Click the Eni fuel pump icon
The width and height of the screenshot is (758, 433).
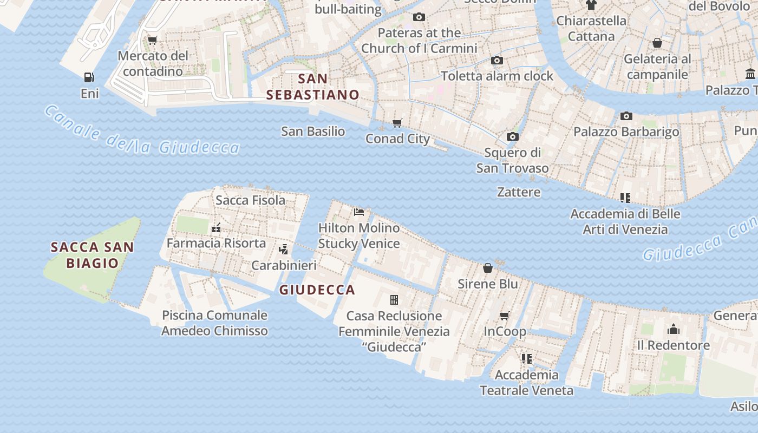click(x=89, y=77)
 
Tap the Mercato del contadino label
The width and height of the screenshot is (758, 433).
click(x=153, y=63)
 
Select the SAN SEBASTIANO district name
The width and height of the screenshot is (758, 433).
click(x=313, y=87)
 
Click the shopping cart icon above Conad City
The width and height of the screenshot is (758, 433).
click(x=397, y=123)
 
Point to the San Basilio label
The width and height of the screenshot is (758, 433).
click(x=313, y=131)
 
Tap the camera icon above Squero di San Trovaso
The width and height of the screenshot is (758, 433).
click(x=512, y=136)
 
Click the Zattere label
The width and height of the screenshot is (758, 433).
click(x=519, y=192)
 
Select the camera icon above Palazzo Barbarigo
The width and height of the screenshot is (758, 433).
click(x=626, y=116)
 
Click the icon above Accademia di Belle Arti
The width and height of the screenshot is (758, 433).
click(x=625, y=198)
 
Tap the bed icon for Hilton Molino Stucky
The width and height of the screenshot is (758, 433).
click(x=359, y=212)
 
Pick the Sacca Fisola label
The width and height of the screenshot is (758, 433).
click(x=250, y=200)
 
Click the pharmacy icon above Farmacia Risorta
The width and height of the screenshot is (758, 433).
click(x=216, y=228)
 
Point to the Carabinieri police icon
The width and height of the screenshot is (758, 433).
click(x=283, y=250)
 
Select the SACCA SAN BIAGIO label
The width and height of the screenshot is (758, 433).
click(x=92, y=255)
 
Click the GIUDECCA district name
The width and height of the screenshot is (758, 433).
click(x=317, y=290)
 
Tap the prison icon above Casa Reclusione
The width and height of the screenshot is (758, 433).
click(x=394, y=299)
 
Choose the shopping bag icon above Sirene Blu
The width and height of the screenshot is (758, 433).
click(x=488, y=268)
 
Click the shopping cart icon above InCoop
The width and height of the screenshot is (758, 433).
click(x=505, y=316)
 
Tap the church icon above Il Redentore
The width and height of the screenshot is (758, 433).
click(x=674, y=329)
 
